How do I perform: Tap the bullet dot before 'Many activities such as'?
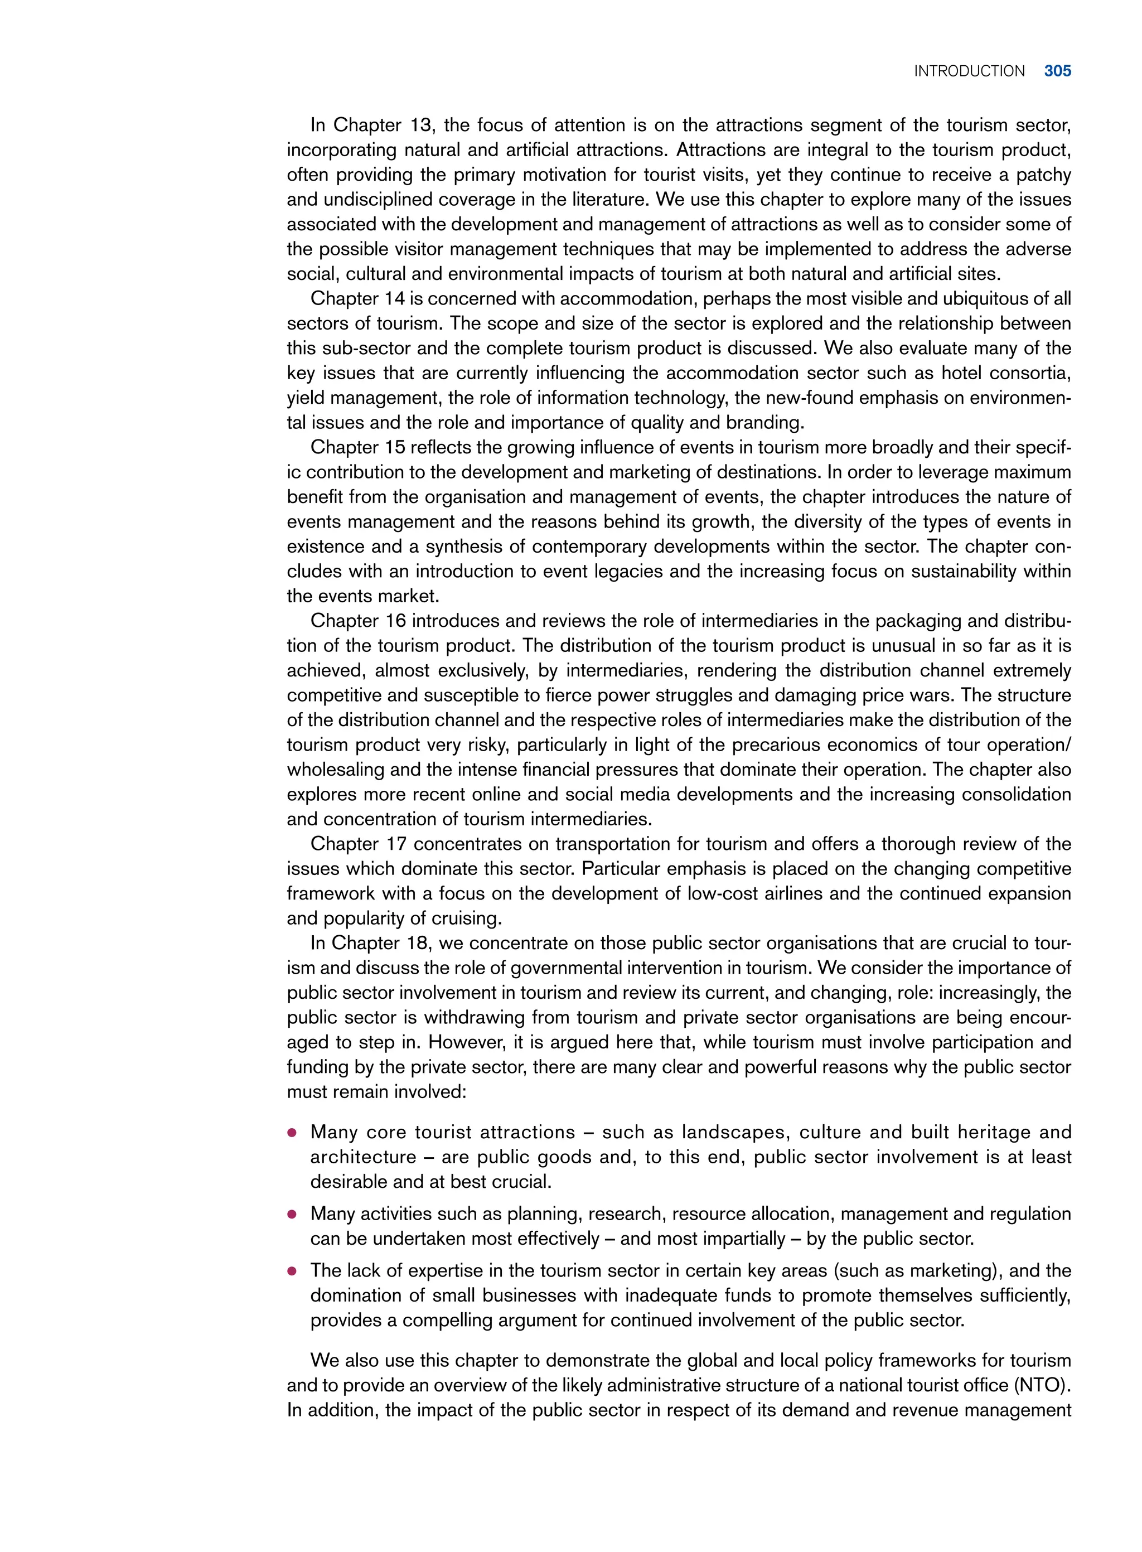[x=292, y=1215]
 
